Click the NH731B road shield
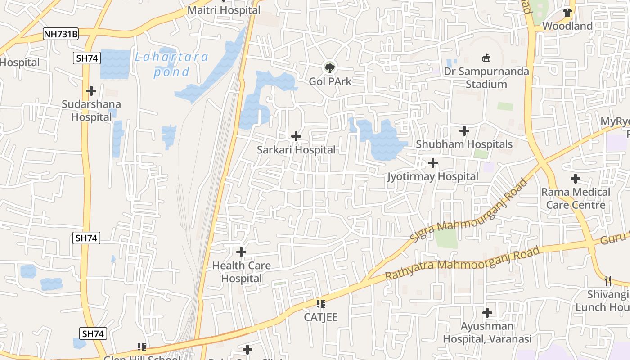(x=61, y=34)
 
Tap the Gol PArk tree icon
(x=330, y=68)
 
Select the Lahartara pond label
(x=171, y=64)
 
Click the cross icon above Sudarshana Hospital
(x=91, y=91)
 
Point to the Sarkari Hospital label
(x=296, y=150)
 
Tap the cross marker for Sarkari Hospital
(x=296, y=136)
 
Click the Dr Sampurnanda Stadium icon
(x=486, y=58)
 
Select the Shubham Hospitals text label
(x=464, y=144)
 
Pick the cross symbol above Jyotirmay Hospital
(x=433, y=162)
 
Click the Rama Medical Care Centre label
(x=576, y=198)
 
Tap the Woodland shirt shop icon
(x=567, y=13)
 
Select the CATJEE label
(x=320, y=317)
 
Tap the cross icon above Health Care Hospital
(x=241, y=252)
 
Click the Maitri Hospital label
(x=224, y=10)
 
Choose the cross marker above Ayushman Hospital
(x=487, y=312)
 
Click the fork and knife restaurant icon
(x=608, y=281)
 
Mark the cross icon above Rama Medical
(x=576, y=179)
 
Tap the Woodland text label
(x=567, y=26)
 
